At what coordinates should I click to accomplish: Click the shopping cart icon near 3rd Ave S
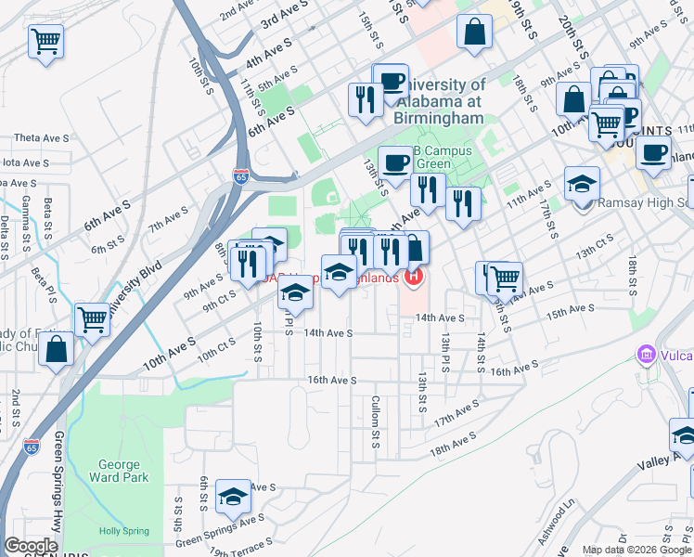(x=45, y=42)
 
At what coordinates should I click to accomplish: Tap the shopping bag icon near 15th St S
(x=475, y=32)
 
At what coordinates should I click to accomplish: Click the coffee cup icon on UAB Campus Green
(x=396, y=162)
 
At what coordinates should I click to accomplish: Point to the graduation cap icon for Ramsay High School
(x=583, y=185)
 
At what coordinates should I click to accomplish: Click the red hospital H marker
(x=415, y=277)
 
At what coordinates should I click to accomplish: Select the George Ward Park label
(x=119, y=471)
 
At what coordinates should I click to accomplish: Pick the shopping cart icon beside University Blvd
(x=93, y=319)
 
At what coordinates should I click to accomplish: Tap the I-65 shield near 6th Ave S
(x=240, y=176)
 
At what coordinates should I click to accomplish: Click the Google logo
(x=31, y=546)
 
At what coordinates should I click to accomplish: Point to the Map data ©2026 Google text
(x=635, y=550)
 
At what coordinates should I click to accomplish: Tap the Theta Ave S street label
(x=39, y=137)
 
